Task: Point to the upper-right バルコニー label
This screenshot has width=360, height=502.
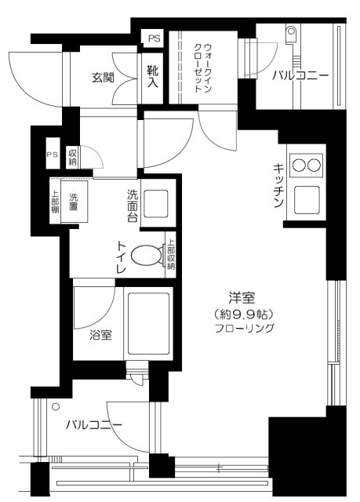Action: click(x=300, y=77)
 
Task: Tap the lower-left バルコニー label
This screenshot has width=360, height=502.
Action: click(x=93, y=425)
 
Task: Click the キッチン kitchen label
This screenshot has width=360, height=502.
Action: click(x=278, y=187)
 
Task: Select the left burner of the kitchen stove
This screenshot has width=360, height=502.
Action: click(x=299, y=165)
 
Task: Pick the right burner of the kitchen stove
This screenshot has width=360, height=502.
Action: click(x=315, y=165)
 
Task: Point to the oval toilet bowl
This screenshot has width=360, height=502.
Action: click(x=147, y=256)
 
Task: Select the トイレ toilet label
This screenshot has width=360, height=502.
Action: click(x=122, y=256)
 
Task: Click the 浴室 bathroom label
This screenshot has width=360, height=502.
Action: click(x=100, y=335)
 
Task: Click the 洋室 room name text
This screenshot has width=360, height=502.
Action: click(x=240, y=298)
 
